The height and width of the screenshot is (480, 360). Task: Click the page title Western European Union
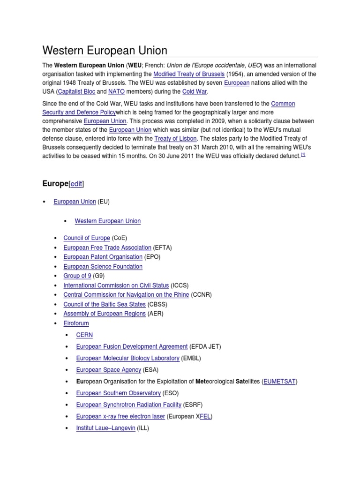tap(105, 51)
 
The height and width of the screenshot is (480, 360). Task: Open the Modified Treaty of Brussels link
tap(189, 74)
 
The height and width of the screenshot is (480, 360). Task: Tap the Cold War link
tap(195, 92)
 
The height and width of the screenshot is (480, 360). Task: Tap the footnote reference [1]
tap(303, 155)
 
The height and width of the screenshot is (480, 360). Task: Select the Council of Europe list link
tap(87, 238)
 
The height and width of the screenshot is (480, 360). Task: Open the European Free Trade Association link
tap(107, 247)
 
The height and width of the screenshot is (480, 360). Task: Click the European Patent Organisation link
tap(103, 257)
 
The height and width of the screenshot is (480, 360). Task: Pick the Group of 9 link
tap(77, 276)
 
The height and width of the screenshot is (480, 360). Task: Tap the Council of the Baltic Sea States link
tap(105, 304)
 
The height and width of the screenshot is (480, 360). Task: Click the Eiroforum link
tap(76, 323)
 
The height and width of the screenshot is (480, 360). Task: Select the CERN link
tap(84, 335)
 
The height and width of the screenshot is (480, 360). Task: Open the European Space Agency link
tap(108, 370)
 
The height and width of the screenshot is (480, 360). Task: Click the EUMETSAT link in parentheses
tap(280, 382)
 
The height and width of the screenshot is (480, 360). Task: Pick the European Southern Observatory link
tap(118, 393)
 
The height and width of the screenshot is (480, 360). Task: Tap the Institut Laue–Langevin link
tap(105, 428)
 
